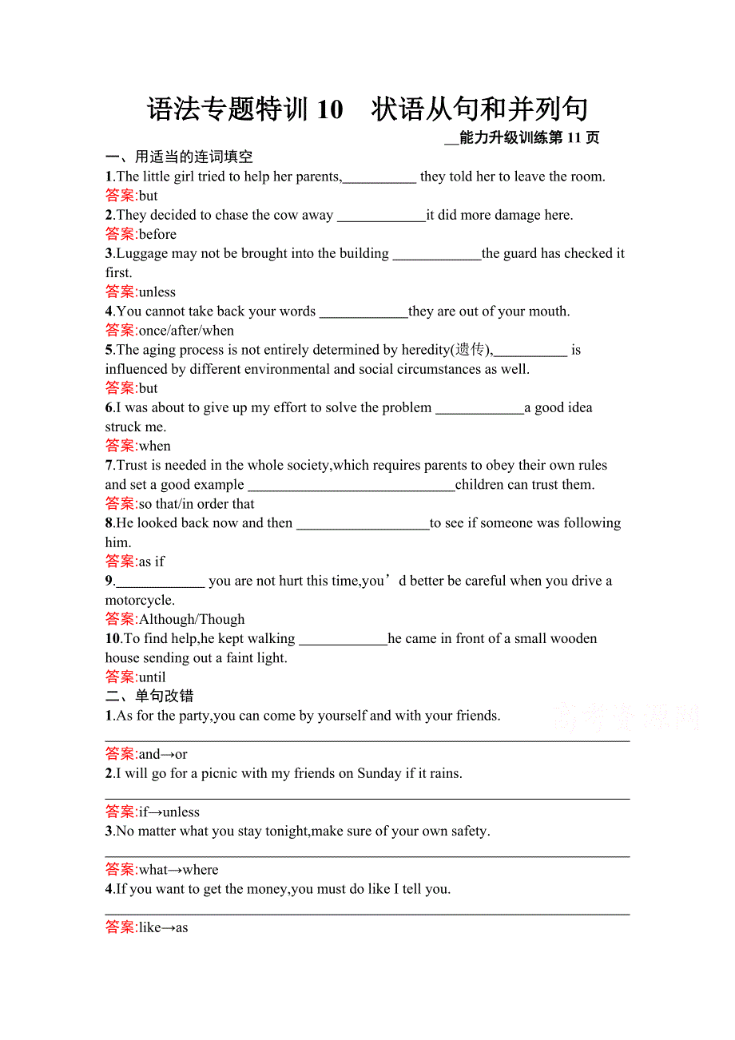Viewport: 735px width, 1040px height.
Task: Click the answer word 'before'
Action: click(x=157, y=234)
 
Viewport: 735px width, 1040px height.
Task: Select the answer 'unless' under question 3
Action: click(x=157, y=292)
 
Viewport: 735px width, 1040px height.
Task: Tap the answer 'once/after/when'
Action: click(x=186, y=331)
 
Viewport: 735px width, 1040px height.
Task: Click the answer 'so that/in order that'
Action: click(x=197, y=504)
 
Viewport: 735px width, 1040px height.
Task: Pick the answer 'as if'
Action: click(x=152, y=562)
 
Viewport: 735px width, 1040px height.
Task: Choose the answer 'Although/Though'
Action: click(x=192, y=619)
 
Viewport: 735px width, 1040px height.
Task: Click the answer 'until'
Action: click(x=153, y=677)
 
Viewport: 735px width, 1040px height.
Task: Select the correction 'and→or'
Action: click(x=163, y=754)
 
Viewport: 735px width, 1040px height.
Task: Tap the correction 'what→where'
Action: click(x=178, y=870)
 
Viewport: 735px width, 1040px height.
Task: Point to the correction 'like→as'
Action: click(x=164, y=927)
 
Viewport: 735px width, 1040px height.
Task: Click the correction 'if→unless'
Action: click(x=169, y=812)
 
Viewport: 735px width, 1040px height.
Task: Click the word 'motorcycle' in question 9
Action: click(x=139, y=601)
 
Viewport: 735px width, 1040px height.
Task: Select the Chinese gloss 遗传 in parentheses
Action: click(x=469, y=350)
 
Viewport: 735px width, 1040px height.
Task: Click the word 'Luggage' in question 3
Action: click(x=143, y=253)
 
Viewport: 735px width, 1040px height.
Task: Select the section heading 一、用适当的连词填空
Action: click(x=179, y=157)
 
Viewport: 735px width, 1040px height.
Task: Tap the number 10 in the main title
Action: click(x=329, y=109)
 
